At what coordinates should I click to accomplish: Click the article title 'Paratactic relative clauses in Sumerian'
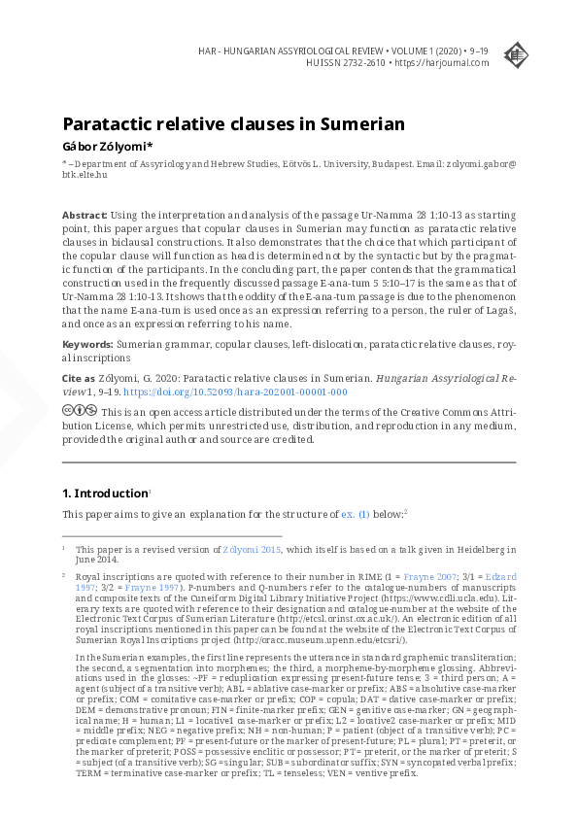[x=233, y=124]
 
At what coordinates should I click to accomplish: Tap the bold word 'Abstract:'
[x=85, y=214]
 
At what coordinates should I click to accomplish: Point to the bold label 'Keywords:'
[x=87, y=344]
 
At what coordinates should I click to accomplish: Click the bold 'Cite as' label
[x=79, y=376]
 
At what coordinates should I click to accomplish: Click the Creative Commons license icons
[x=80, y=410]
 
